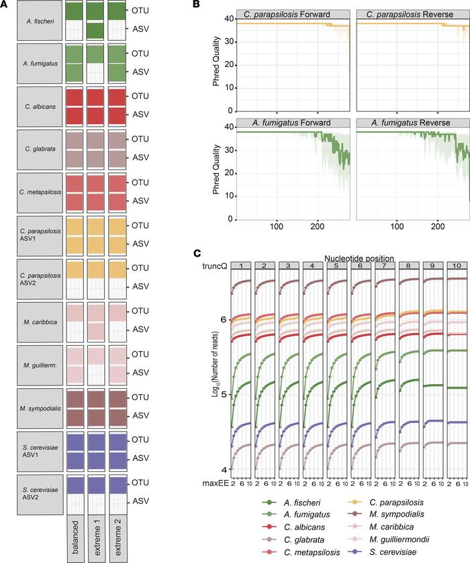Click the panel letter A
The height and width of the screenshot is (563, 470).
tap(7, 5)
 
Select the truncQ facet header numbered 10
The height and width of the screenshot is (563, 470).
tap(456, 266)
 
